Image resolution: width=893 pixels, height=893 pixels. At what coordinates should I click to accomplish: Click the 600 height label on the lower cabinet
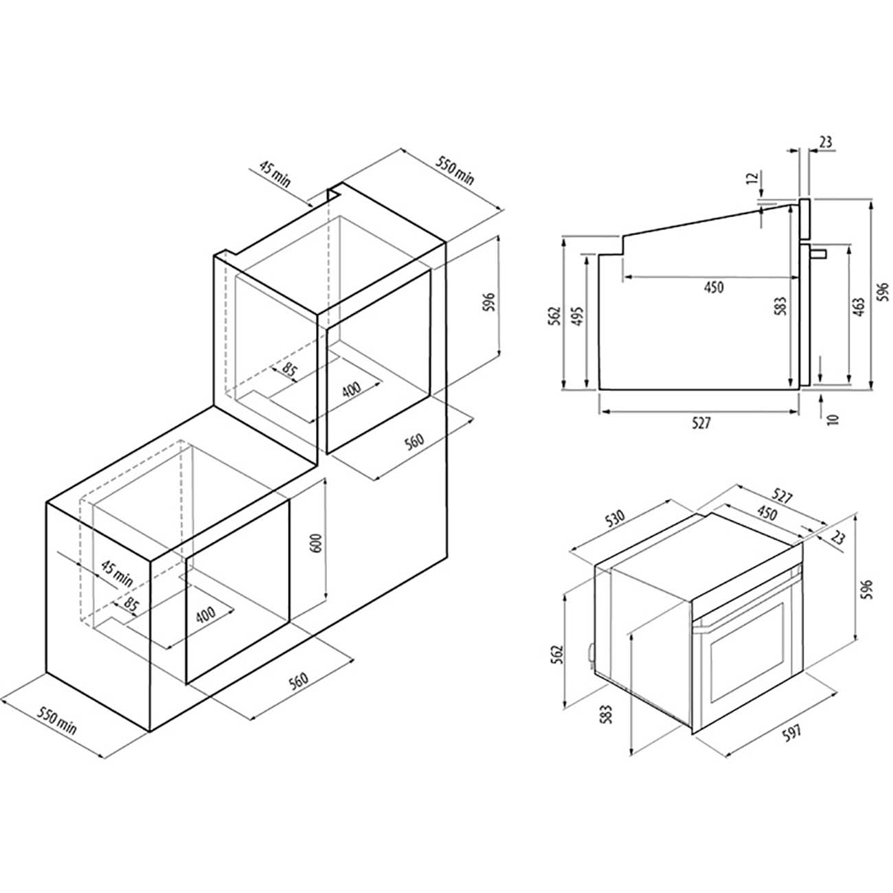click(x=317, y=541)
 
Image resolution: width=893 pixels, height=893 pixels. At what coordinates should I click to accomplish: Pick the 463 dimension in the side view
click(x=859, y=307)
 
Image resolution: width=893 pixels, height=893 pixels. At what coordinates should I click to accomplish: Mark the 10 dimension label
click(x=833, y=420)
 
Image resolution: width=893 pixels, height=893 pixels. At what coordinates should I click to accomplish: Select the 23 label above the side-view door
click(x=826, y=142)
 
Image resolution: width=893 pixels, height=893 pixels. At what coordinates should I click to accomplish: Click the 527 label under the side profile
click(x=701, y=423)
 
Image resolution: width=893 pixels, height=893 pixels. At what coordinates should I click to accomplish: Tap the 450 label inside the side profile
click(x=714, y=287)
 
